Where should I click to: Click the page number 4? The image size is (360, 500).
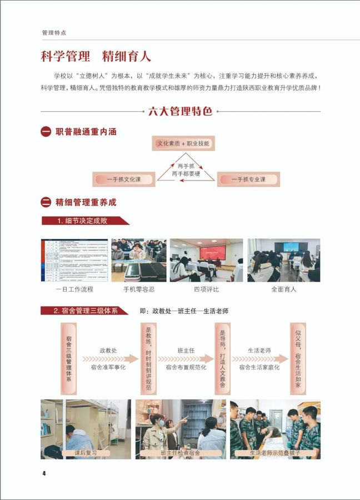coord(43,473)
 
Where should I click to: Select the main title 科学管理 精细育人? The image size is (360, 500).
coord(96,57)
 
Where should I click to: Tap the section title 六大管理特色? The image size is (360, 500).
coord(180,111)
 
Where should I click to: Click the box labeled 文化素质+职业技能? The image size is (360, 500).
coord(183,144)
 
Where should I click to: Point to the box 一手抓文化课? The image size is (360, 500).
coord(124,179)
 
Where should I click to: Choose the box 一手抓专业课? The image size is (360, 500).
coord(248,179)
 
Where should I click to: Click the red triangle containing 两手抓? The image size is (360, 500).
coord(185,170)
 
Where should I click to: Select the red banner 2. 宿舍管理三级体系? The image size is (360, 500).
coord(85,311)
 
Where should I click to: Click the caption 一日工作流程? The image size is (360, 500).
coord(74,289)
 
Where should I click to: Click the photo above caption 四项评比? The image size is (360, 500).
coord(206,260)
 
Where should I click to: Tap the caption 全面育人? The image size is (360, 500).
coord(283,289)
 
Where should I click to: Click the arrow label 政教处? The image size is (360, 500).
coord(108,351)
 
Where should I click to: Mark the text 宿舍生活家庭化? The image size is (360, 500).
coord(259,367)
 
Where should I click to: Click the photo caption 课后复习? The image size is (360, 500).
coord(86,453)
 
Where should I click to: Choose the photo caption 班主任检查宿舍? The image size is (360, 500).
coord(181,453)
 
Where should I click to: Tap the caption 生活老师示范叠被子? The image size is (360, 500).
coord(275,453)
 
